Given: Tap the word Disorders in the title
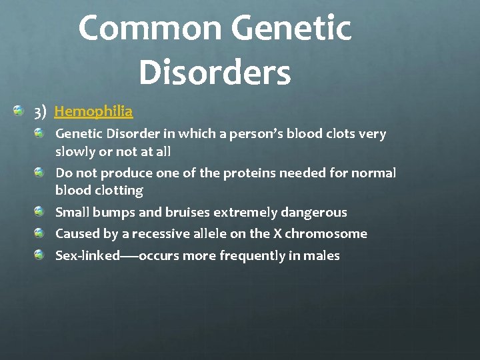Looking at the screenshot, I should [x=215, y=73].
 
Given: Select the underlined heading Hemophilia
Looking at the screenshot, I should [x=93, y=111].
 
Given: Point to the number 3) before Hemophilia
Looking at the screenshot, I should [x=39, y=111].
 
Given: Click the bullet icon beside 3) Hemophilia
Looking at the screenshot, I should [x=20, y=109].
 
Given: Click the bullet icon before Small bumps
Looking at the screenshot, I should [x=41, y=211].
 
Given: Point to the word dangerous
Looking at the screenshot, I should [x=314, y=213].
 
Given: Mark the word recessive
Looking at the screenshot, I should [x=163, y=234].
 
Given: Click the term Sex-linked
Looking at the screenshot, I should [x=87, y=256].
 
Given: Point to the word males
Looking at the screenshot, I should [x=321, y=256].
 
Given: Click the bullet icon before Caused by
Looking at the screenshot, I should [x=41, y=233].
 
